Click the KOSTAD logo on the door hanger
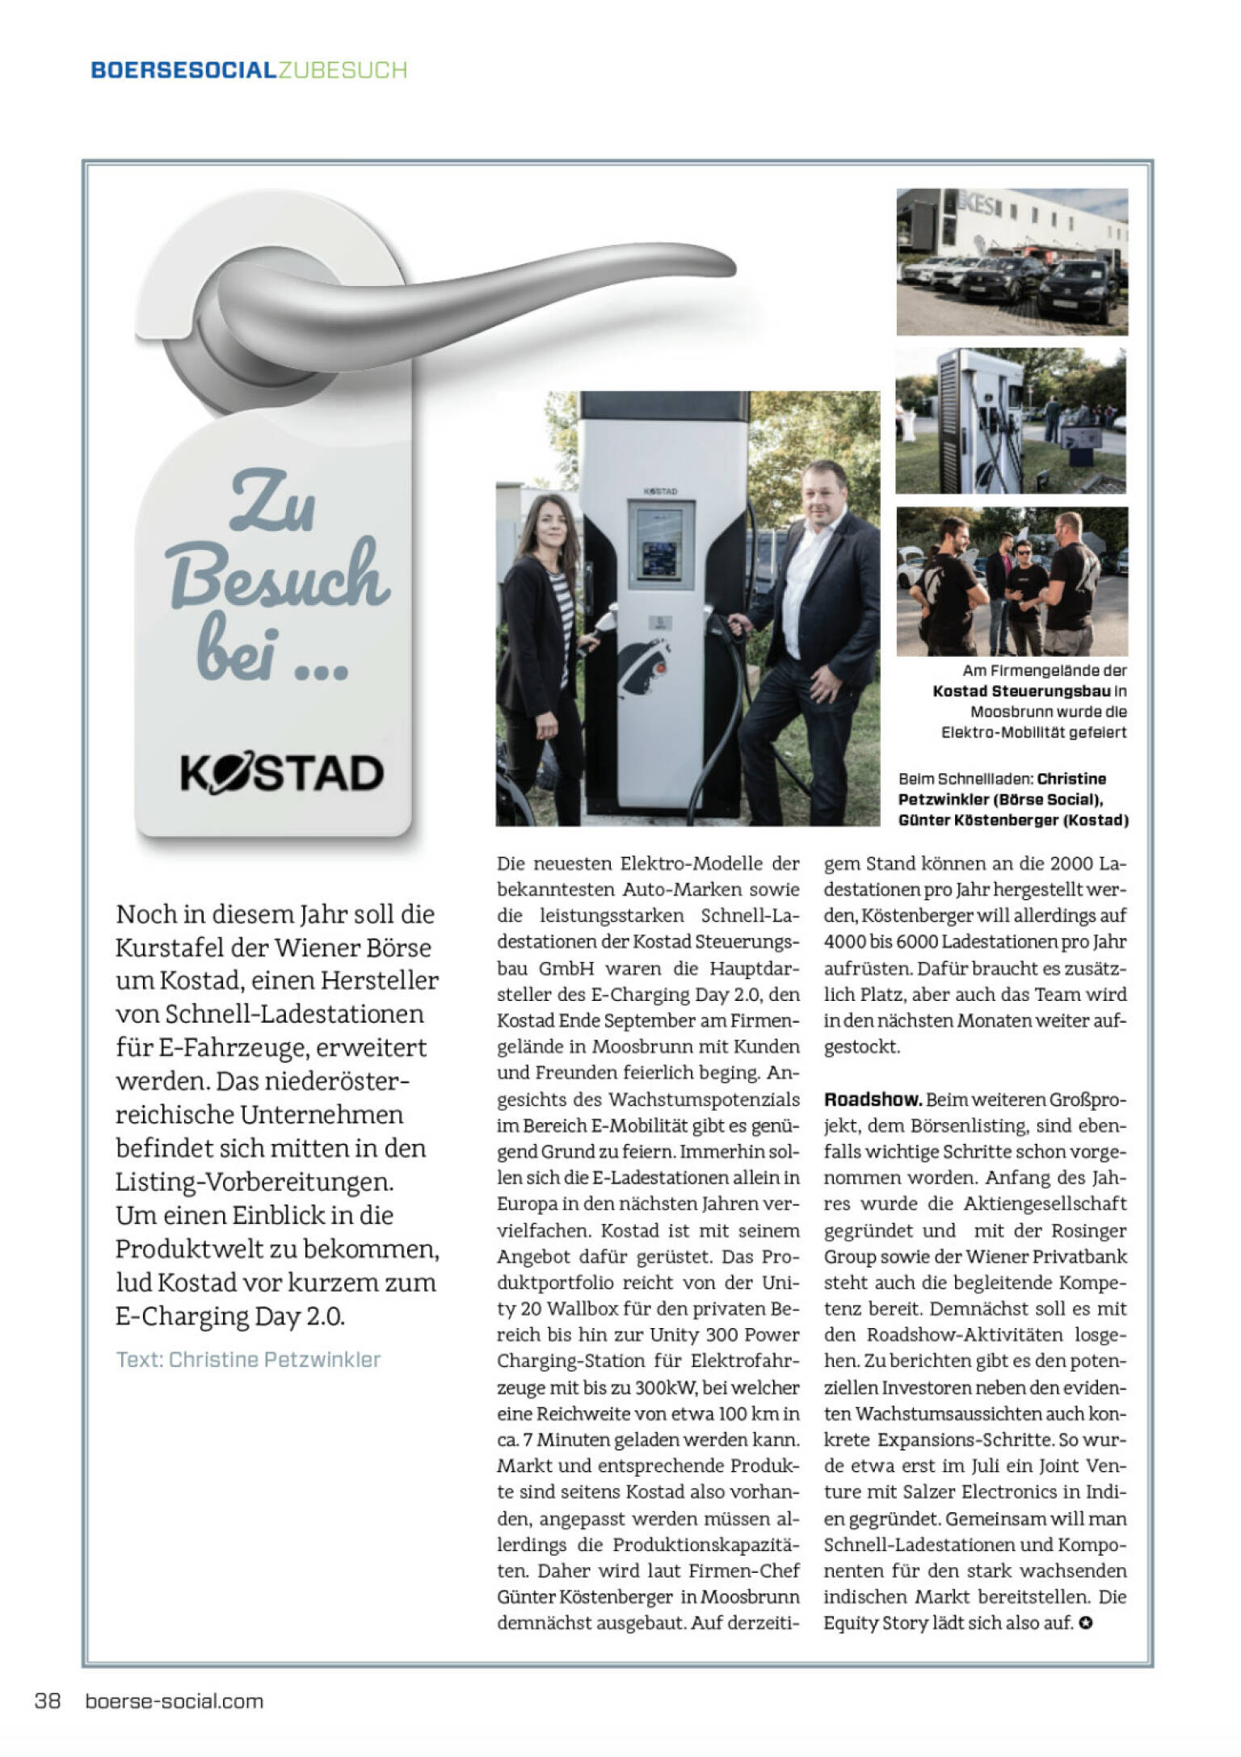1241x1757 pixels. (x=281, y=773)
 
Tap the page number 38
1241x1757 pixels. (x=48, y=1700)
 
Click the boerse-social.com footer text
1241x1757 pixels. (x=175, y=1700)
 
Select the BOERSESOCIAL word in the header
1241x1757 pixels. (x=183, y=70)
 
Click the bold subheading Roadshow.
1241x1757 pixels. (x=873, y=1099)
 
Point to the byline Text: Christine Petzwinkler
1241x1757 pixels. (x=248, y=1359)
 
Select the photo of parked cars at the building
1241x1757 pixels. (x=1012, y=262)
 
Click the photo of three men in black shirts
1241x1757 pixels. (x=1012, y=581)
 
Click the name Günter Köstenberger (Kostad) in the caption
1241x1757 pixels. (x=1013, y=820)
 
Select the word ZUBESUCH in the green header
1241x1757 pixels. (x=342, y=70)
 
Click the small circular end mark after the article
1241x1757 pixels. (x=1086, y=1622)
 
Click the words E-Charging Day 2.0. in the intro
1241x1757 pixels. (x=230, y=1316)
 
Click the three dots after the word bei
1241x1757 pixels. (x=322, y=670)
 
